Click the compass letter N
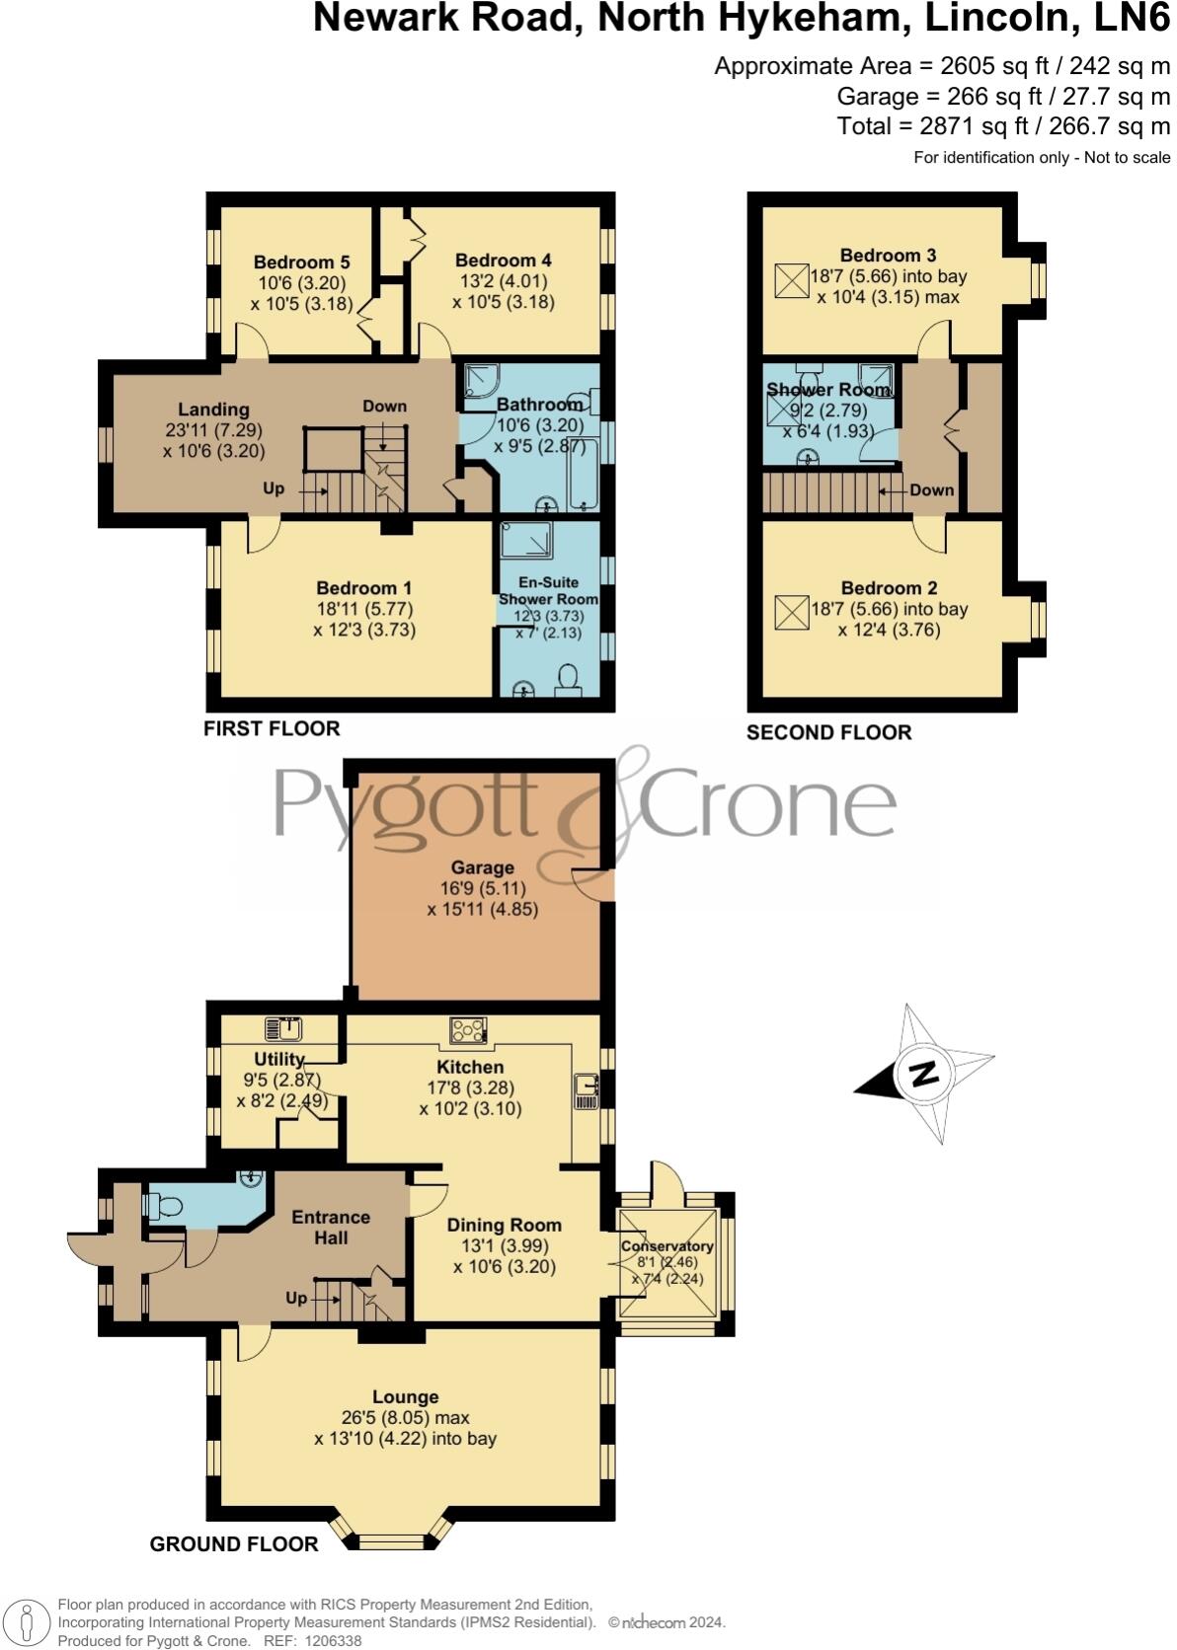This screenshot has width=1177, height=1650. [x=923, y=1073]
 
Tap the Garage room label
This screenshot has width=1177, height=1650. [x=482, y=867]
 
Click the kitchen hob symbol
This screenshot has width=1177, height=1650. [x=468, y=1030]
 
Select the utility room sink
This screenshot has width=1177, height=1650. [x=284, y=1029]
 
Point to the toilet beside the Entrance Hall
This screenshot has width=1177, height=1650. [x=162, y=1206]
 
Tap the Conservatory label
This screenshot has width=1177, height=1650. [x=667, y=1246]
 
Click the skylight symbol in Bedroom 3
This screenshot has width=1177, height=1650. [x=790, y=281]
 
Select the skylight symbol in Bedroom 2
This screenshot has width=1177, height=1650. [x=790, y=613]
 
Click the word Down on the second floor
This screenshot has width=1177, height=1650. [x=931, y=489]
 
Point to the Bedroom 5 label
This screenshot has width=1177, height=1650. [x=301, y=262]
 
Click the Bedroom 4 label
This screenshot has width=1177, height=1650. [x=503, y=261]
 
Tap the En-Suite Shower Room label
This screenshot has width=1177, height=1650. [x=548, y=590]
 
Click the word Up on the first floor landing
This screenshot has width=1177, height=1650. [x=274, y=488]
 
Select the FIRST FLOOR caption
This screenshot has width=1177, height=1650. [x=272, y=728]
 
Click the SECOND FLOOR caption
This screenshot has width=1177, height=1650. [x=828, y=732]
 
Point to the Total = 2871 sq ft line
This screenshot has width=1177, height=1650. [x=1003, y=125]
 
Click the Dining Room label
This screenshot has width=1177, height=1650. [x=504, y=1225]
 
